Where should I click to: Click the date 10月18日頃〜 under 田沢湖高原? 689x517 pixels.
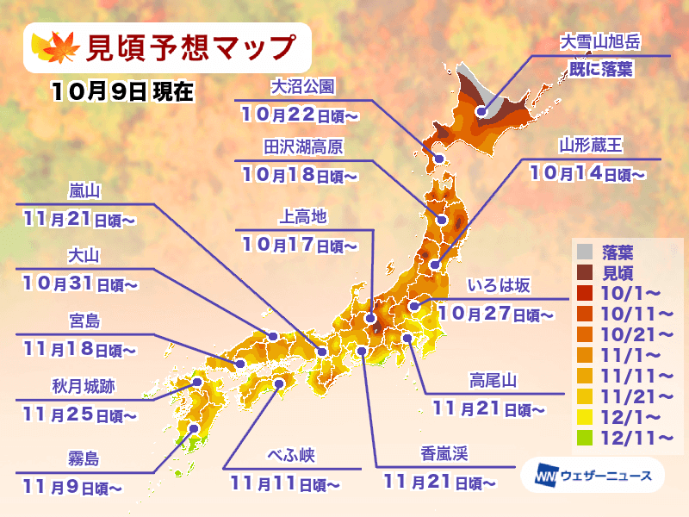tap(299, 174)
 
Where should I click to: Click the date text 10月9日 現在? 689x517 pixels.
tap(121, 90)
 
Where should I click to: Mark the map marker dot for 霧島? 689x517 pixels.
tap(194, 427)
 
